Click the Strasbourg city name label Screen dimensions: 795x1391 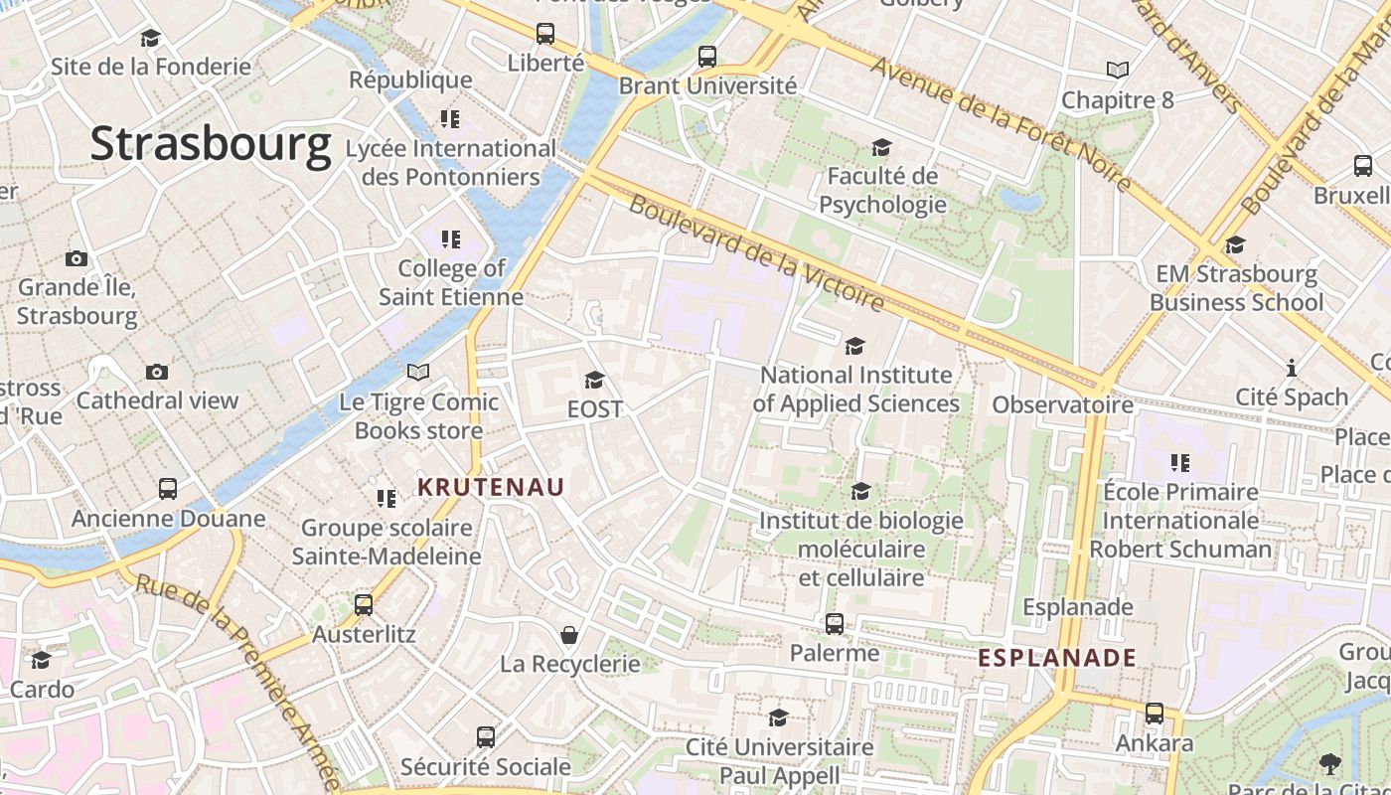point(211,145)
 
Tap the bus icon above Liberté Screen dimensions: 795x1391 point(545,34)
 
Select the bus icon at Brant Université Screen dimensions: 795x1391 point(707,57)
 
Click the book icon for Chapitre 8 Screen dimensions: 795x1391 point(1118,70)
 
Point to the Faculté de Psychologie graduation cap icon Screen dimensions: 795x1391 point(881,148)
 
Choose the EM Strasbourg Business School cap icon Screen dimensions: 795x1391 point(1235,244)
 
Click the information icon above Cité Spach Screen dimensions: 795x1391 point(1292,368)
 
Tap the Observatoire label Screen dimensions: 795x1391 point(1062,404)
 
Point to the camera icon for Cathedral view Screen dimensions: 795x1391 point(157,372)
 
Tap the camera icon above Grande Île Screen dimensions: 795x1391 point(77,258)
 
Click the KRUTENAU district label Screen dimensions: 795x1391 point(491,487)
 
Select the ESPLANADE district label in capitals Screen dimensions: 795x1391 point(1057,658)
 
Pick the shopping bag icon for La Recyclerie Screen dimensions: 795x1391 point(570,634)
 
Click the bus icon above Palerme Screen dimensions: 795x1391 point(835,624)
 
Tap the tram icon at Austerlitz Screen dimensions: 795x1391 point(364,604)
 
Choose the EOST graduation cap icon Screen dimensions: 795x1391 point(594,380)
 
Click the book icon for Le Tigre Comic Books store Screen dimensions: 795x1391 point(418,372)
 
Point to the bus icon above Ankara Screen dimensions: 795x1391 point(1155,714)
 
